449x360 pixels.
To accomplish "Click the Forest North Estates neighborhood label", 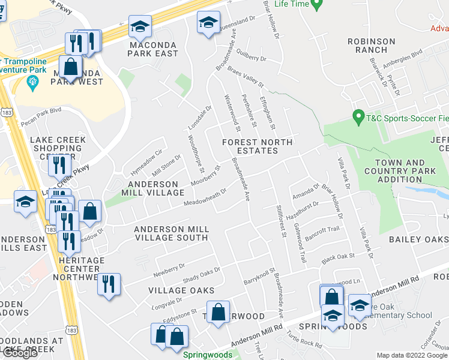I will click(x=257, y=146).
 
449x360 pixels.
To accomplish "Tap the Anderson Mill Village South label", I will click(x=172, y=233).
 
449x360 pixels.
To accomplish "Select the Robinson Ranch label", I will click(x=372, y=46).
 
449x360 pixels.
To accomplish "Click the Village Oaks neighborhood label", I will click(x=172, y=290).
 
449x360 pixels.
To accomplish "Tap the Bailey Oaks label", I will click(x=419, y=239).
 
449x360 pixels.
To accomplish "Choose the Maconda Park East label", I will click(x=152, y=49).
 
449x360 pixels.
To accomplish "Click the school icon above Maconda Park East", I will click(x=140, y=26).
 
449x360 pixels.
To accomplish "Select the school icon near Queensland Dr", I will click(x=208, y=23).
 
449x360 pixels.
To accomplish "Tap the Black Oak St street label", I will click(x=339, y=258).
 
